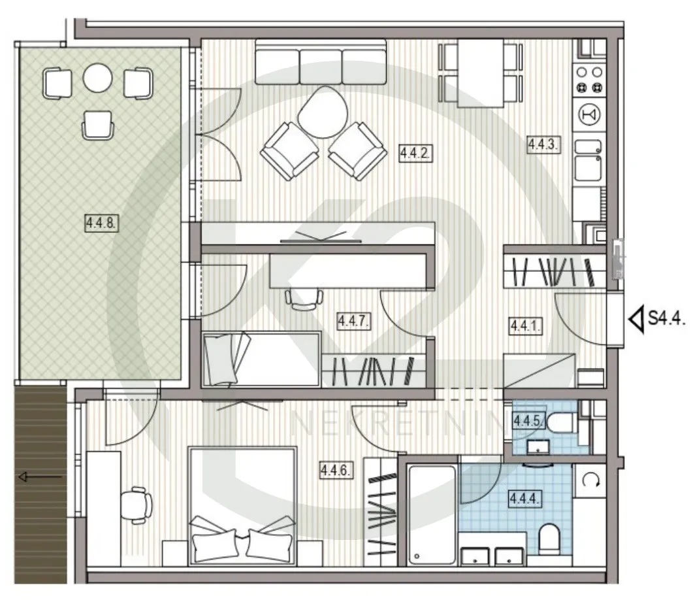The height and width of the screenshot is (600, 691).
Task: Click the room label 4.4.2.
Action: pos(415,153)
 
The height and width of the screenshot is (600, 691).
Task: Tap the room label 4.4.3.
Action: pos(544,144)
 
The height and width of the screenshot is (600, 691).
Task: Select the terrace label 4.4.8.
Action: pos(101,223)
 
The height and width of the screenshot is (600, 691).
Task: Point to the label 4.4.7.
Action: pos(353,320)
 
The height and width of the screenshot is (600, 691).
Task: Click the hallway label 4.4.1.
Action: pos(525,326)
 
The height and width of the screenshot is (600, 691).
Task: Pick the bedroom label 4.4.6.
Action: pos(335,471)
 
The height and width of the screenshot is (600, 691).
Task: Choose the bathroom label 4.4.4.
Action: pos(524,499)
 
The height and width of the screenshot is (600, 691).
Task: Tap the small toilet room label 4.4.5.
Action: pos(528,421)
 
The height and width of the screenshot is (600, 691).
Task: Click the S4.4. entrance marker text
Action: pos(666,318)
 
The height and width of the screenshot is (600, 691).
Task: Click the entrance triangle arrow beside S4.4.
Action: pos(636,319)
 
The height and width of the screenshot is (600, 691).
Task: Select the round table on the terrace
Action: pos(97,78)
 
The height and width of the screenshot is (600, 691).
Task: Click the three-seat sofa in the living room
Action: pos(321,61)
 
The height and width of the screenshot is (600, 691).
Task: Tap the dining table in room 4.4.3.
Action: pos(480,73)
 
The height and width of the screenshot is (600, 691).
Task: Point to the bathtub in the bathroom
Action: pos(432,514)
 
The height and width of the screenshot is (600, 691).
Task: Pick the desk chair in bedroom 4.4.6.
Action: pos(136,505)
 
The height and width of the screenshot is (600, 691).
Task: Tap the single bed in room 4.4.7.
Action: pos(261,359)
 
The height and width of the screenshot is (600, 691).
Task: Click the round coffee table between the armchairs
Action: pos(323,112)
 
